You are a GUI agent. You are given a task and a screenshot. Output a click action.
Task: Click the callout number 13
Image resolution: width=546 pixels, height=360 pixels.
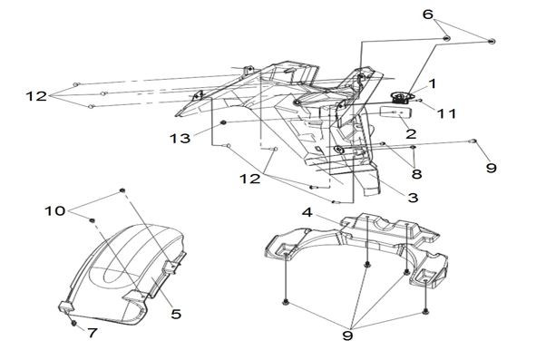(180, 139)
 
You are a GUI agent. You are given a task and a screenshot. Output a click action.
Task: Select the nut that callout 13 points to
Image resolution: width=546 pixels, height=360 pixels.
(223, 122)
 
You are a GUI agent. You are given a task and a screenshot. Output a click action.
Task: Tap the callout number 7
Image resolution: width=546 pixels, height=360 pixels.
(92, 333)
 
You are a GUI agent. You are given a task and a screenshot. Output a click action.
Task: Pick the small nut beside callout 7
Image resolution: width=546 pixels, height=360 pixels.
(73, 324)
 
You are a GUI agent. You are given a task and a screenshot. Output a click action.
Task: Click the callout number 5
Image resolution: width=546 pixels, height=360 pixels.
(176, 314)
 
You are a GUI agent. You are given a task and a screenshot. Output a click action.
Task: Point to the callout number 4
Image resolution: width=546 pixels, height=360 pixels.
(307, 212)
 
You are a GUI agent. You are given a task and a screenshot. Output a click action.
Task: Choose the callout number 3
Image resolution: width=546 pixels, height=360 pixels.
(413, 198)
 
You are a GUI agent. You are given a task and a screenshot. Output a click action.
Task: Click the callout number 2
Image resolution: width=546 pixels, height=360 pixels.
(411, 133)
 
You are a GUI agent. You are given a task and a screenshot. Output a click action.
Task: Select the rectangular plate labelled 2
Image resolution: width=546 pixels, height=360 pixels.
(397, 112)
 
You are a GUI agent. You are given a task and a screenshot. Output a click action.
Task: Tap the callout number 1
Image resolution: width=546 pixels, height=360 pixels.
(432, 83)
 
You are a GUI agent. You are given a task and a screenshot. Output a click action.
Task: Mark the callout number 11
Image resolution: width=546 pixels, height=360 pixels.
(446, 113)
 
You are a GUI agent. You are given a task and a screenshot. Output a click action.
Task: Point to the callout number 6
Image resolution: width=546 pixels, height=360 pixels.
(428, 15)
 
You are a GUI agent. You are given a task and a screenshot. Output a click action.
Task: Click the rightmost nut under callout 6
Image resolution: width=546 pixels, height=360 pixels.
(492, 42)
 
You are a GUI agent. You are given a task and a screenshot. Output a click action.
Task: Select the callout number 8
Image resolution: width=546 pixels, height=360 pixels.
(416, 173)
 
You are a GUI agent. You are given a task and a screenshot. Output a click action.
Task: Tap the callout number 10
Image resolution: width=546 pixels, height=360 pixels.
(55, 210)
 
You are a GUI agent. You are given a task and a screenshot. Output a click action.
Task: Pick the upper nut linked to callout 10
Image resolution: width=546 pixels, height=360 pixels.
(122, 190)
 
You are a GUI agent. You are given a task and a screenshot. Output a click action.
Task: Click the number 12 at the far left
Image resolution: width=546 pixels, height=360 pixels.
(36, 96)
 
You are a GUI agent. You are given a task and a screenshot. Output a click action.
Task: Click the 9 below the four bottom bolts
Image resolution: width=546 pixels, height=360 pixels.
(348, 336)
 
